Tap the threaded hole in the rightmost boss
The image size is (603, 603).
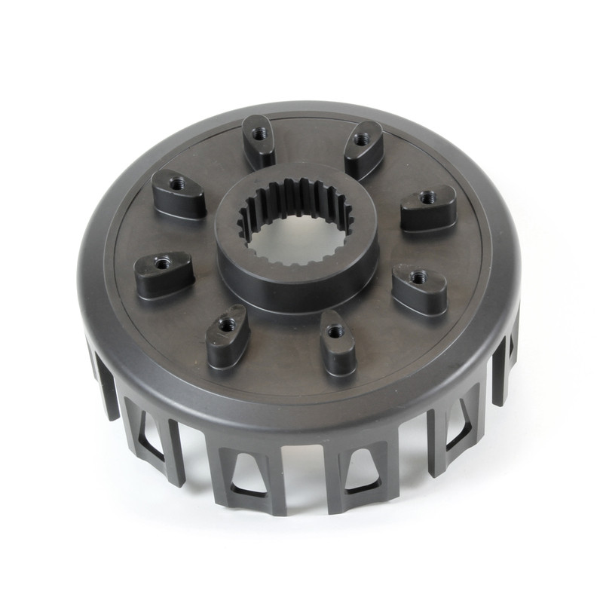click(427, 197)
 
